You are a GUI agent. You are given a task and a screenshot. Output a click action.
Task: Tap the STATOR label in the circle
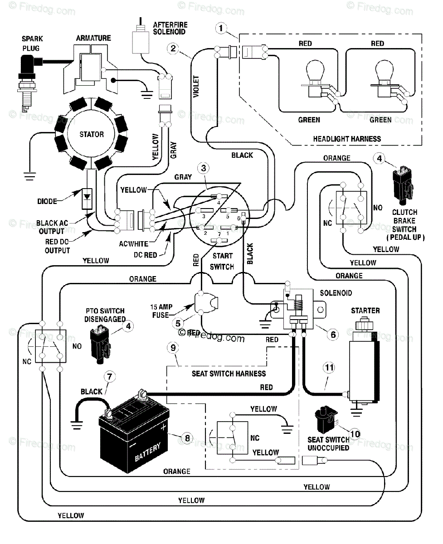point(92,134)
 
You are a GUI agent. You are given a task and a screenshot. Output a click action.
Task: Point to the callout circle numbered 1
point(221,29)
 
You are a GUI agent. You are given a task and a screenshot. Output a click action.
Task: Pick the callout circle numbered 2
point(172,48)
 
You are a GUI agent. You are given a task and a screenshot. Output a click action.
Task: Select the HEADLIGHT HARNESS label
point(347,139)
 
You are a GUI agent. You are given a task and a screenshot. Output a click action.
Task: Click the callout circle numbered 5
point(178,323)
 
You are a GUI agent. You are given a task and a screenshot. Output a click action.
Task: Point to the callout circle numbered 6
point(333,335)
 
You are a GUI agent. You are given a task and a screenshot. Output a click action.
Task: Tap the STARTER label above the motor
point(365,311)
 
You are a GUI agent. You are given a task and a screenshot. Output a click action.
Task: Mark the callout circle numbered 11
point(329,367)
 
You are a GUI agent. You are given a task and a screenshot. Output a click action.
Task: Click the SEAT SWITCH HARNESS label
point(229,374)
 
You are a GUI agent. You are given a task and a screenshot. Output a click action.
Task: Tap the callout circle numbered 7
point(109,376)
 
